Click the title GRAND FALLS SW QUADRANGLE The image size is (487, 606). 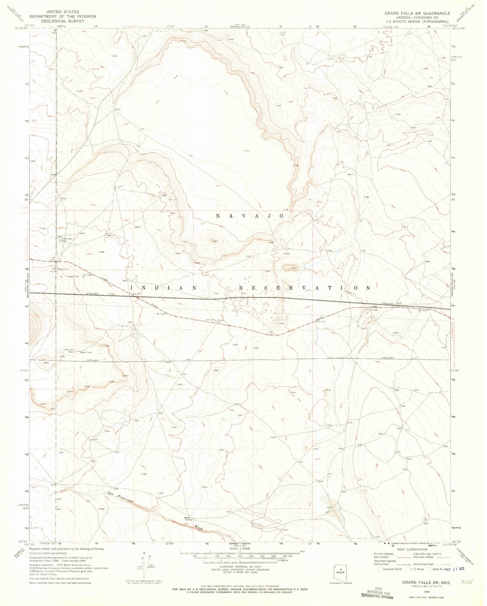tap(417, 13)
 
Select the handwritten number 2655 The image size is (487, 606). tap(466, 582)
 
